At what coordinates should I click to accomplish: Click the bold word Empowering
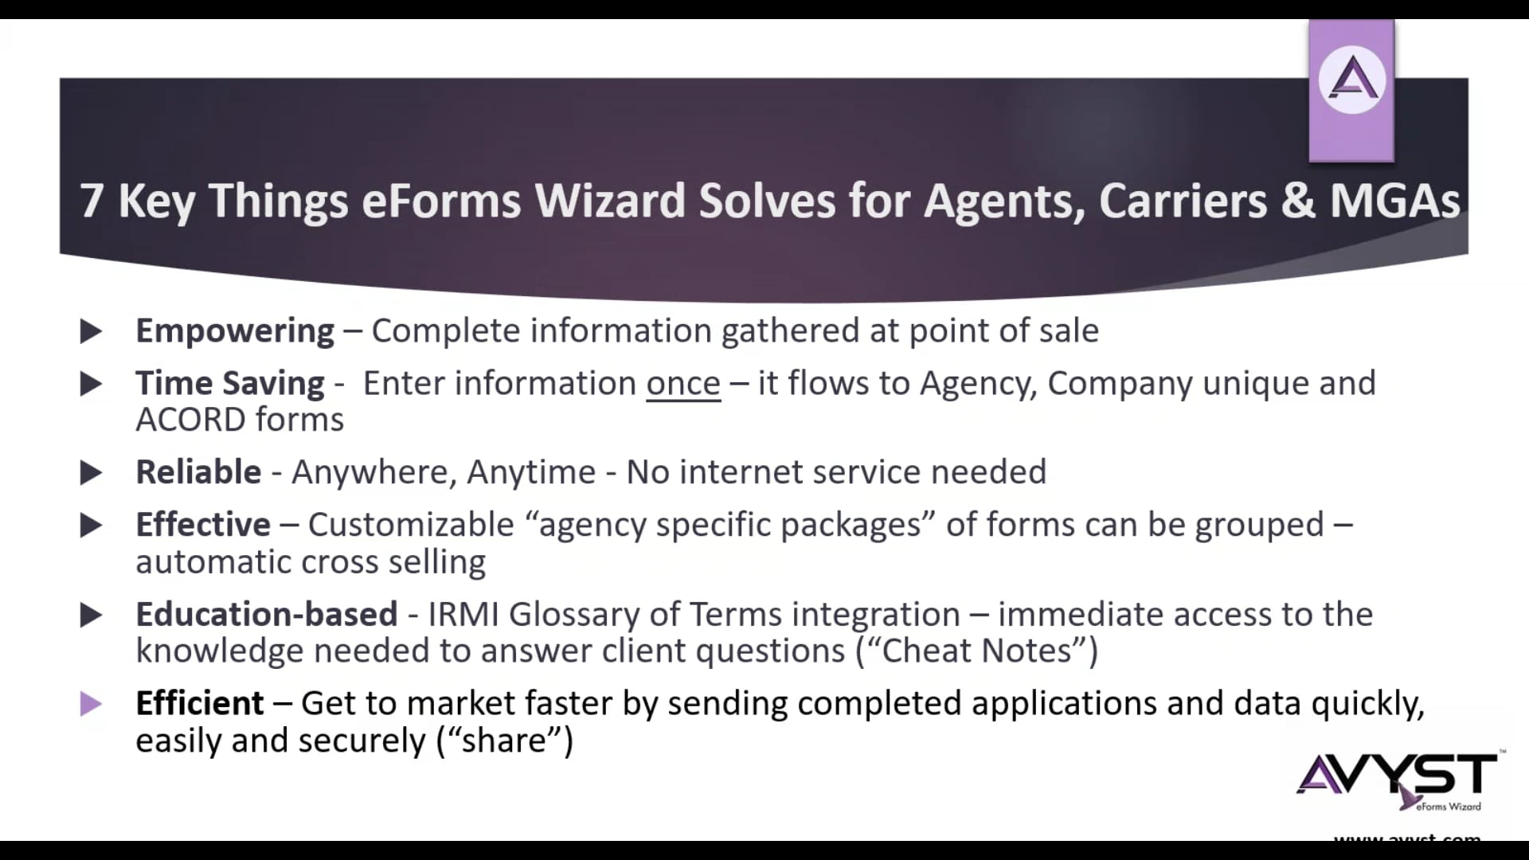pos(234,331)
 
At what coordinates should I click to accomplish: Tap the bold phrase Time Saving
pos(229,384)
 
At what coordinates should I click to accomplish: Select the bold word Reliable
pos(198,472)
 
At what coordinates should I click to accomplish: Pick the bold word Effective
pos(203,525)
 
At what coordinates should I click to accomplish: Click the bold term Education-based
pos(266,615)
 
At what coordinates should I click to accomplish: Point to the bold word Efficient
pos(199,704)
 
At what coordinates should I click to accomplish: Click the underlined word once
pos(682,384)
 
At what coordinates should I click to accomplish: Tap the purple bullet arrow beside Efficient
pos(91,704)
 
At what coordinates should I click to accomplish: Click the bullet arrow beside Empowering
pos(91,331)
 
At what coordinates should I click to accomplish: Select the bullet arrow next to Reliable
pos(91,473)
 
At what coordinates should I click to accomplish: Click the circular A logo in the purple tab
pos(1351,80)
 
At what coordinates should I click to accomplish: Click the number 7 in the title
pos(91,201)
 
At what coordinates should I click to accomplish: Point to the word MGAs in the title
pos(1394,201)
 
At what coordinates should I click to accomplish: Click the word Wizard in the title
pos(610,201)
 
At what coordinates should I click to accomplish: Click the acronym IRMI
pos(463,615)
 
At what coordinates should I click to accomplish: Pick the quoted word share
pos(504,741)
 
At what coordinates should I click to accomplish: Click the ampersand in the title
pos(1298,201)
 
